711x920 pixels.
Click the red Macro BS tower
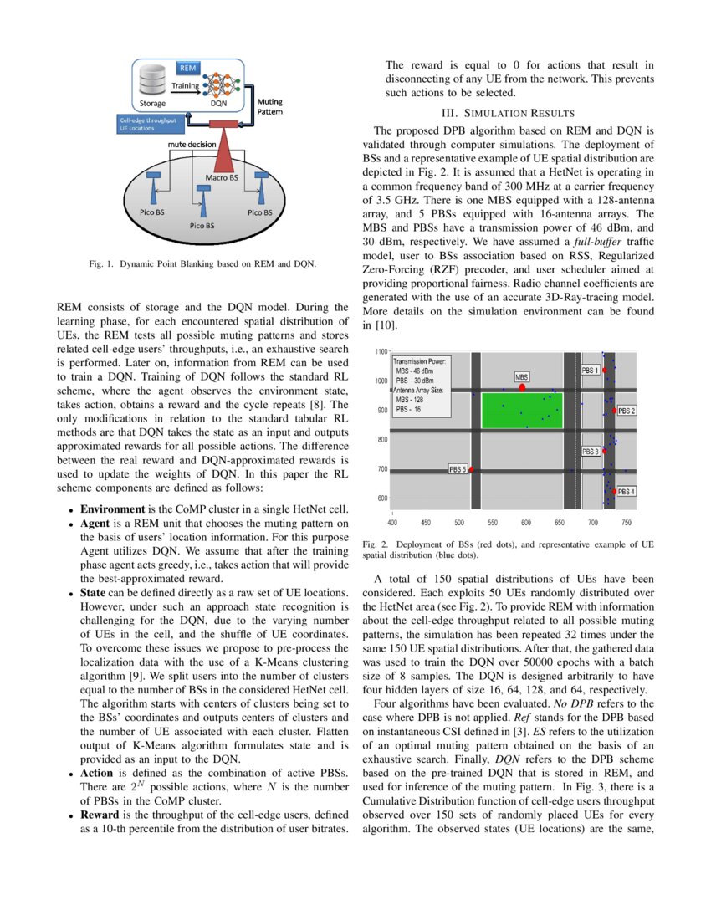(x=223, y=151)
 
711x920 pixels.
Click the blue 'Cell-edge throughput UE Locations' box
(x=148, y=125)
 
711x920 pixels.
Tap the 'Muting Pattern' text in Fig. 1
(x=269, y=106)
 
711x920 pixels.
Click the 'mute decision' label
(x=192, y=144)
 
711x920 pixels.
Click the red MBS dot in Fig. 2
(x=523, y=387)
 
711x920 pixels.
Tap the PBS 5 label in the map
(x=458, y=469)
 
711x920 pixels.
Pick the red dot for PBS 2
(x=615, y=411)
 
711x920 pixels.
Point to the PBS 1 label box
(x=590, y=369)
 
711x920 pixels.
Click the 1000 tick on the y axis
(x=381, y=381)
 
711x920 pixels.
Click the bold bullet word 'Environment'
(x=113, y=509)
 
